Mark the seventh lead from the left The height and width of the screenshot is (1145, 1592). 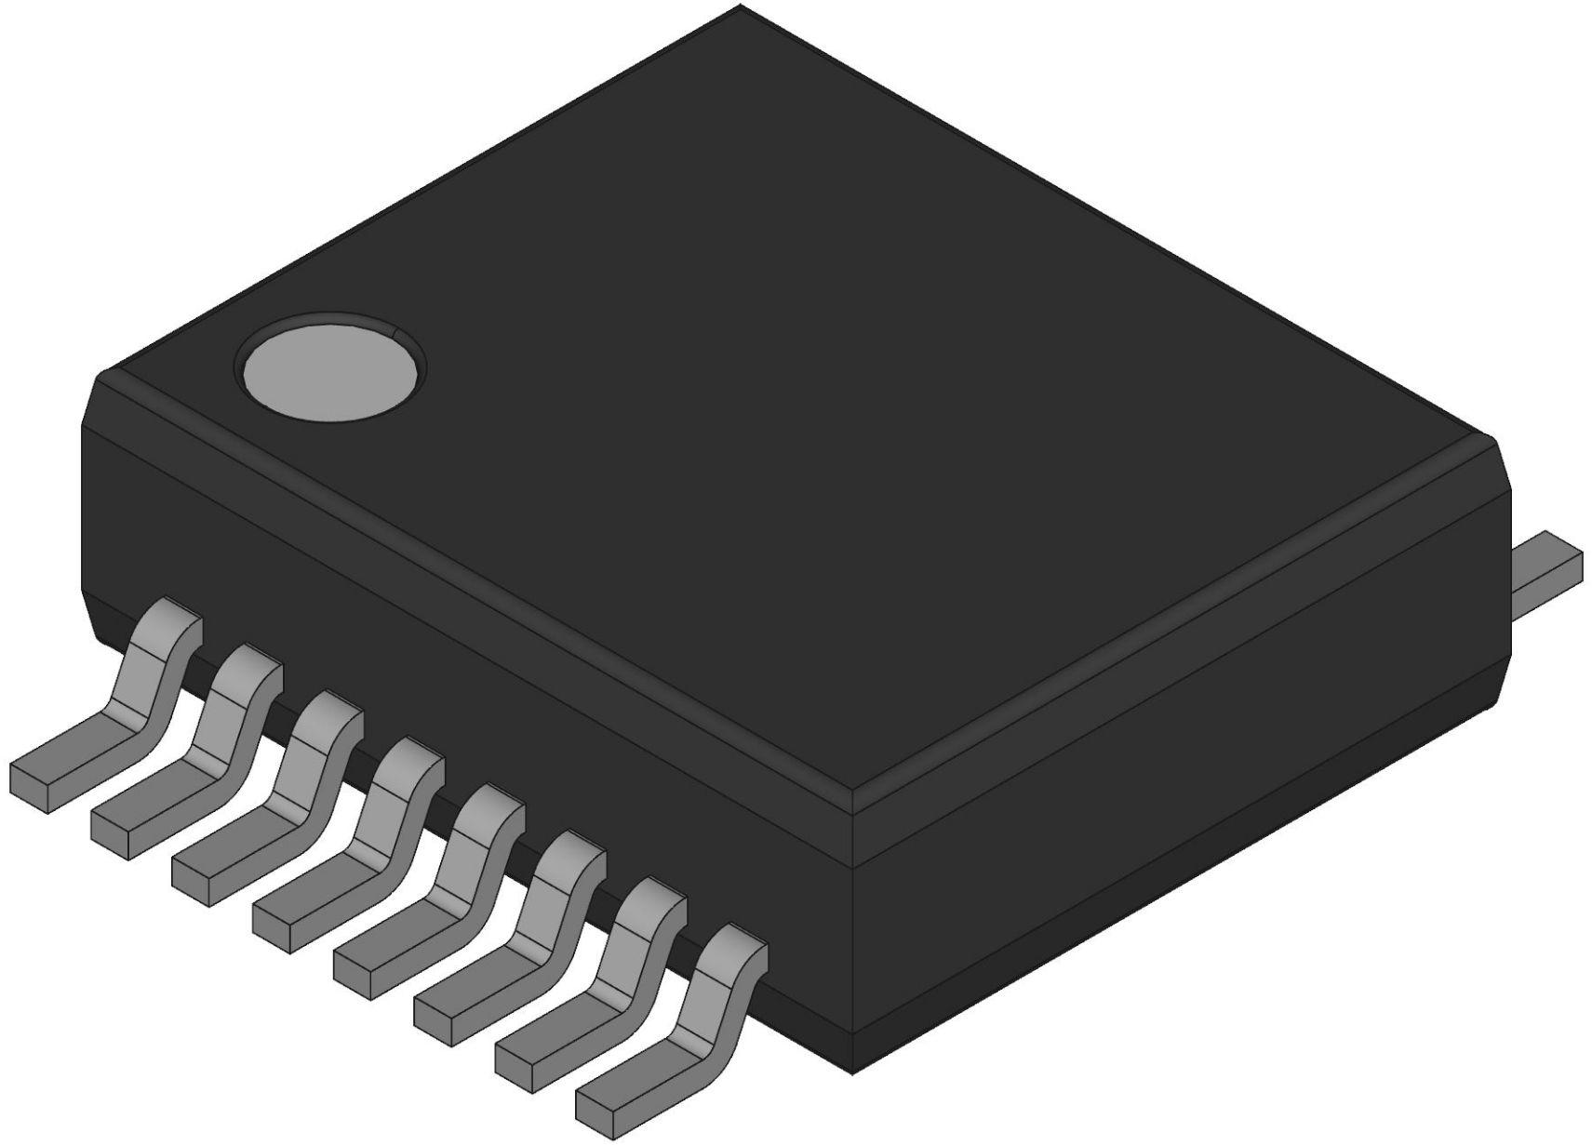[x=615, y=984]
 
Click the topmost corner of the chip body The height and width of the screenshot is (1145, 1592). [x=741, y=7]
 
